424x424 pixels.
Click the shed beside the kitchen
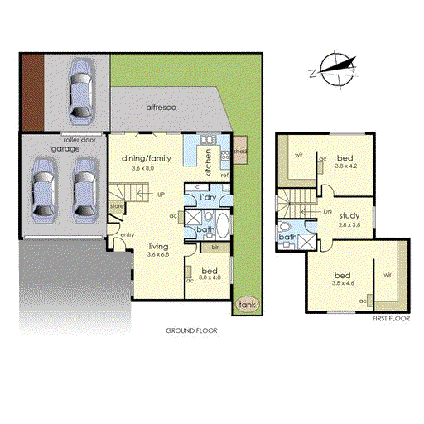coord(239,152)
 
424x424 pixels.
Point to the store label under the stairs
coord(117,206)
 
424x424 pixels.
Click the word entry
coord(127,234)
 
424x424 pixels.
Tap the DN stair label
coord(328,212)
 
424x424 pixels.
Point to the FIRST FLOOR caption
coord(391,318)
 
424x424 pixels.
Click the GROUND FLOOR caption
coord(191,330)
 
